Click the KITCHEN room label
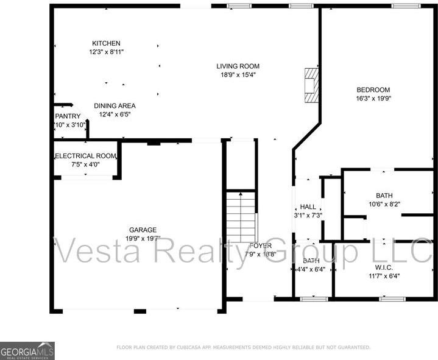(x=106, y=43)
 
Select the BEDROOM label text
(x=373, y=90)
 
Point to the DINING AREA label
(x=115, y=106)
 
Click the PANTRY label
(x=68, y=116)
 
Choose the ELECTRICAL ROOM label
(x=85, y=156)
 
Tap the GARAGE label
(x=142, y=230)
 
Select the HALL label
(x=308, y=207)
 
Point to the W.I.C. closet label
(x=383, y=267)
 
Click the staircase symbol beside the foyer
(x=241, y=216)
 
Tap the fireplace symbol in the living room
(x=311, y=85)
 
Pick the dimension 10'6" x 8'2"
(x=384, y=204)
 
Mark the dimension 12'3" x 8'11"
(x=106, y=52)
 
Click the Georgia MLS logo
(x=27, y=350)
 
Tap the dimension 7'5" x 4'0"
(x=85, y=164)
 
